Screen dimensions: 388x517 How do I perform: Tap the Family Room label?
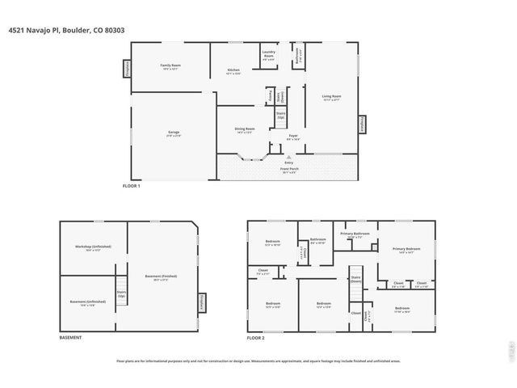pyautogui.click(x=170, y=65)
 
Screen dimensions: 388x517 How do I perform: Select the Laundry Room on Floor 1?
pyautogui.click(x=268, y=57)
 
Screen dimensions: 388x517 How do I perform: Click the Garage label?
pyautogui.click(x=173, y=133)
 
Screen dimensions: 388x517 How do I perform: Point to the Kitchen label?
pyautogui.click(x=233, y=71)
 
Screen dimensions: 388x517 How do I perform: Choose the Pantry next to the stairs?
pyautogui.click(x=268, y=96)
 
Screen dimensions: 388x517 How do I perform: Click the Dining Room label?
pyautogui.click(x=245, y=130)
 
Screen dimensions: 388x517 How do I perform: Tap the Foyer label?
pyautogui.click(x=293, y=137)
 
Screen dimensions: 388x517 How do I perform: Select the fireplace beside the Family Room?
pyautogui.click(x=128, y=70)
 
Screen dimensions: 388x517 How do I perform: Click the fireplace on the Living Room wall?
pyautogui.click(x=362, y=124)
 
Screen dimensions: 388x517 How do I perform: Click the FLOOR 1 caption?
pyautogui.click(x=131, y=187)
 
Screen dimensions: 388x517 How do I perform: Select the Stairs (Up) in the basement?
pyautogui.click(x=121, y=293)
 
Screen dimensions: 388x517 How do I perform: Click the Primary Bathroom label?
pyautogui.click(x=355, y=234)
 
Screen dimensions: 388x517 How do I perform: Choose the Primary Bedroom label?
pyautogui.click(x=408, y=250)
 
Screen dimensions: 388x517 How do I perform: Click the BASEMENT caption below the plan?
pyautogui.click(x=70, y=337)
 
